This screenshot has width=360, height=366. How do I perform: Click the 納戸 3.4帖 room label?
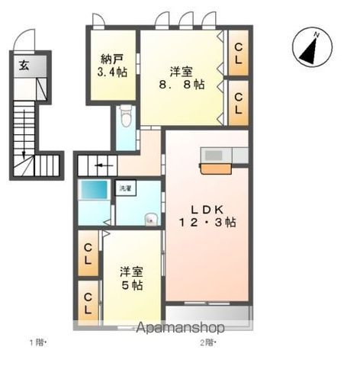[x=112, y=66]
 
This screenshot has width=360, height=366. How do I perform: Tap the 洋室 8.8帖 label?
[x=182, y=78]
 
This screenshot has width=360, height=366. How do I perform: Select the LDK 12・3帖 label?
[x=207, y=217]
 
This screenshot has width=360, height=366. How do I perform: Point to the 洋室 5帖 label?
[x=131, y=279]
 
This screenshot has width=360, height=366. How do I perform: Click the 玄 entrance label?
[x=24, y=66]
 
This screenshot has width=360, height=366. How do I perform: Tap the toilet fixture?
[x=126, y=116]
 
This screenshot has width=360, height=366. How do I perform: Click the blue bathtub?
[x=94, y=190]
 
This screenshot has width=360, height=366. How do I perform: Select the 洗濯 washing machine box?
[x=125, y=188]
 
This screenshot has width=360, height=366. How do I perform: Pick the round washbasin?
[x=151, y=219]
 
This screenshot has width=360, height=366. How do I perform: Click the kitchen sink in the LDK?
[x=214, y=156]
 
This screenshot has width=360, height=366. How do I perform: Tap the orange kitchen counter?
[x=216, y=169]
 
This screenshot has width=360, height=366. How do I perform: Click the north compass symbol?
[x=312, y=47]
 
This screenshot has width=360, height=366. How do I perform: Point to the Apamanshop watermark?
[x=180, y=328]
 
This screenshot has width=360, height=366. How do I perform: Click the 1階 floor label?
[x=37, y=343]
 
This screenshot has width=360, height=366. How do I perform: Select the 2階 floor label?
[x=207, y=343]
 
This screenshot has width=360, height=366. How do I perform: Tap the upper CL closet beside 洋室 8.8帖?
[x=238, y=53]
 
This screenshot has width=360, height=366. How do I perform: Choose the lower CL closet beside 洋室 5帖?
[x=88, y=303]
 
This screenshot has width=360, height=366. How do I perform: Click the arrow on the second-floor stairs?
[x=104, y=166]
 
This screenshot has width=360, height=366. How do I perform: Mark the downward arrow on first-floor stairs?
[x=24, y=134]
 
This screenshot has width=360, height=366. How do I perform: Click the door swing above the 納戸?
[x=98, y=20]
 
